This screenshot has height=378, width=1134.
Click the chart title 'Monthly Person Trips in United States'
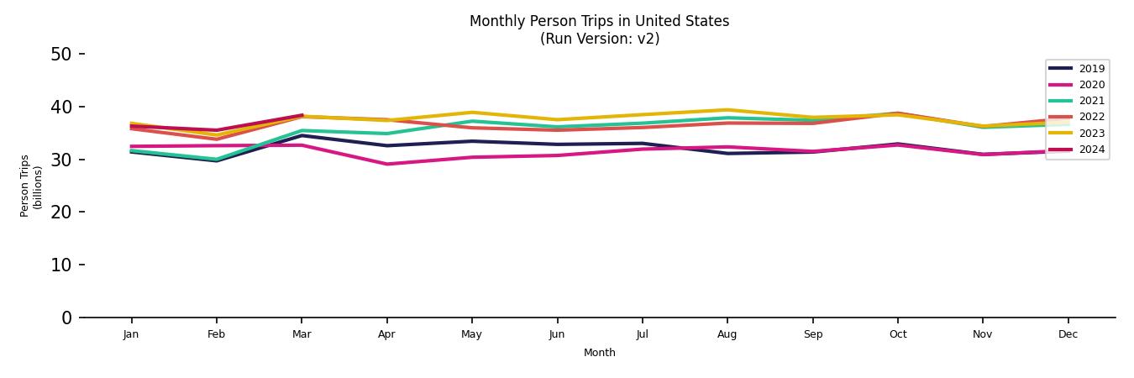[599, 21]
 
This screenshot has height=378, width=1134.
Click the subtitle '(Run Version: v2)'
[599, 39]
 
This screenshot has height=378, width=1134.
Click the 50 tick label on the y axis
[61, 55]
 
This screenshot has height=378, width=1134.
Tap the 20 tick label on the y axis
[61, 213]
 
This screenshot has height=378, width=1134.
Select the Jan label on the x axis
[131, 334]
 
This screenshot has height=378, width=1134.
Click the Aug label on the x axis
[727, 334]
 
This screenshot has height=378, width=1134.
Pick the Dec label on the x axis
[1068, 334]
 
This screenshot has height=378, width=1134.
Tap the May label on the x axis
[471, 334]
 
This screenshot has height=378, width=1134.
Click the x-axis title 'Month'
[599, 353]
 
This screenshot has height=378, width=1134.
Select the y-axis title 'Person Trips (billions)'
[31, 186]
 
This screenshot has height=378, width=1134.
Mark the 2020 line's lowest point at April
[386, 164]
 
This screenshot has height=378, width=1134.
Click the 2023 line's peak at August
[727, 110]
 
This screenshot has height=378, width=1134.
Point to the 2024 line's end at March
[302, 115]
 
